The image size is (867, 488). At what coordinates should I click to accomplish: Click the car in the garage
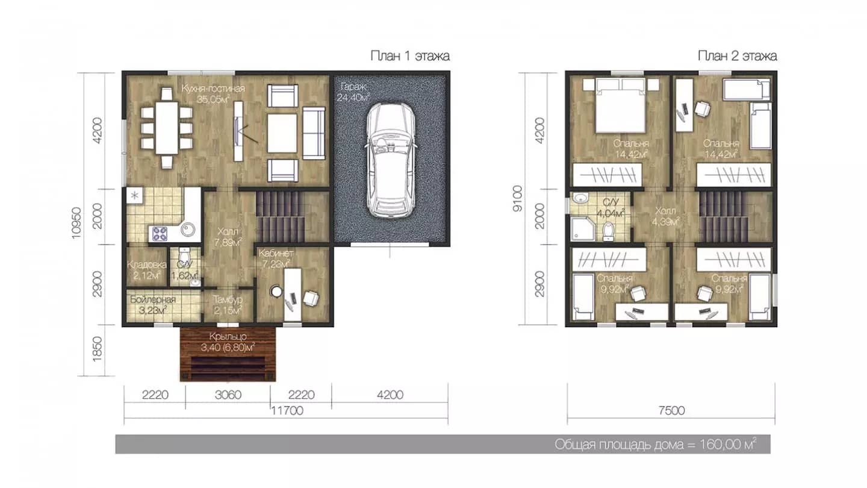coord(391,160)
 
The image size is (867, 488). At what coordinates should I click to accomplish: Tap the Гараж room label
coord(353,87)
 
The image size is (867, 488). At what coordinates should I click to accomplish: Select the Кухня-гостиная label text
coord(213,89)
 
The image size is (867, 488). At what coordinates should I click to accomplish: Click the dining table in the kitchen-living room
coord(166,128)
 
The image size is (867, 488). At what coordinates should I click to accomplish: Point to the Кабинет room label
coord(276,253)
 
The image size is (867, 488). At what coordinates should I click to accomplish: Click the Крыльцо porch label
coord(228,337)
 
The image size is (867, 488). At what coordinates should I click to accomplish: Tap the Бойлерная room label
coord(153,299)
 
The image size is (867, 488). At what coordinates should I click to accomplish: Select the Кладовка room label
coord(147,265)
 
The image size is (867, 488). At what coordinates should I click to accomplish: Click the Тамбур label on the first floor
coord(228,299)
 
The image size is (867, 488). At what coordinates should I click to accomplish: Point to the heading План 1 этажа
coord(410,56)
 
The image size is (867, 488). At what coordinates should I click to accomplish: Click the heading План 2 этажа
coord(738,56)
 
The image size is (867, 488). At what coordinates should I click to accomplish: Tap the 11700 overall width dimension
coord(287,410)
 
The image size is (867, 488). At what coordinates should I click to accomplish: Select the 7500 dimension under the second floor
coord(671,410)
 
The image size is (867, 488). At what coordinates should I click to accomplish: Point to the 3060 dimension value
coord(228,395)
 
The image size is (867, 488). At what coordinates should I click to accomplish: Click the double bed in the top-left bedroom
coord(621,105)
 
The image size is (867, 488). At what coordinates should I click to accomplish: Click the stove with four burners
coord(160,234)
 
